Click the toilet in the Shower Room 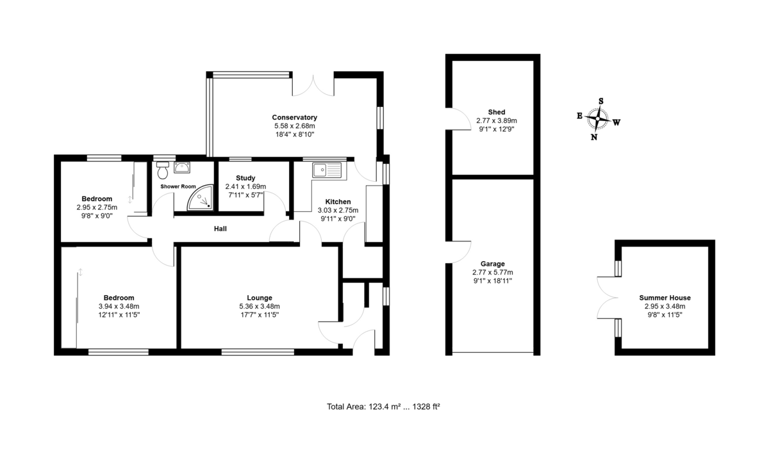pyautogui.click(x=162, y=170)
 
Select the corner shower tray pyautogui.click(x=200, y=198)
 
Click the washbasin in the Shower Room pyautogui.click(x=181, y=168)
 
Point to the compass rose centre pyautogui.click(x=598, y=118)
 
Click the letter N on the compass pyautogui.click(x=594, y=137)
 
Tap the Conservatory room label pyautogui.click(x=295, y=117)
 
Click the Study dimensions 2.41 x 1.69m pyautogui.click(x=245, y=186)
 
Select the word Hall pyautogui.click(x=220, y=229)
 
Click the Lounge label pyautogui.click(x=260, y=298)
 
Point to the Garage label pyautogui.click(x=493, y=264)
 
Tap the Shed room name pyautogui.click(x=497, y=112)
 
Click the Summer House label pyautogui.click(x=665, y=298)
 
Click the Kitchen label pyautogui.click(x=338, y=202)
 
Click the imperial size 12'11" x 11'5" pyautogui.click(x=119, y=315)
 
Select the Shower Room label pyautogui.click(x=178, y=186)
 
